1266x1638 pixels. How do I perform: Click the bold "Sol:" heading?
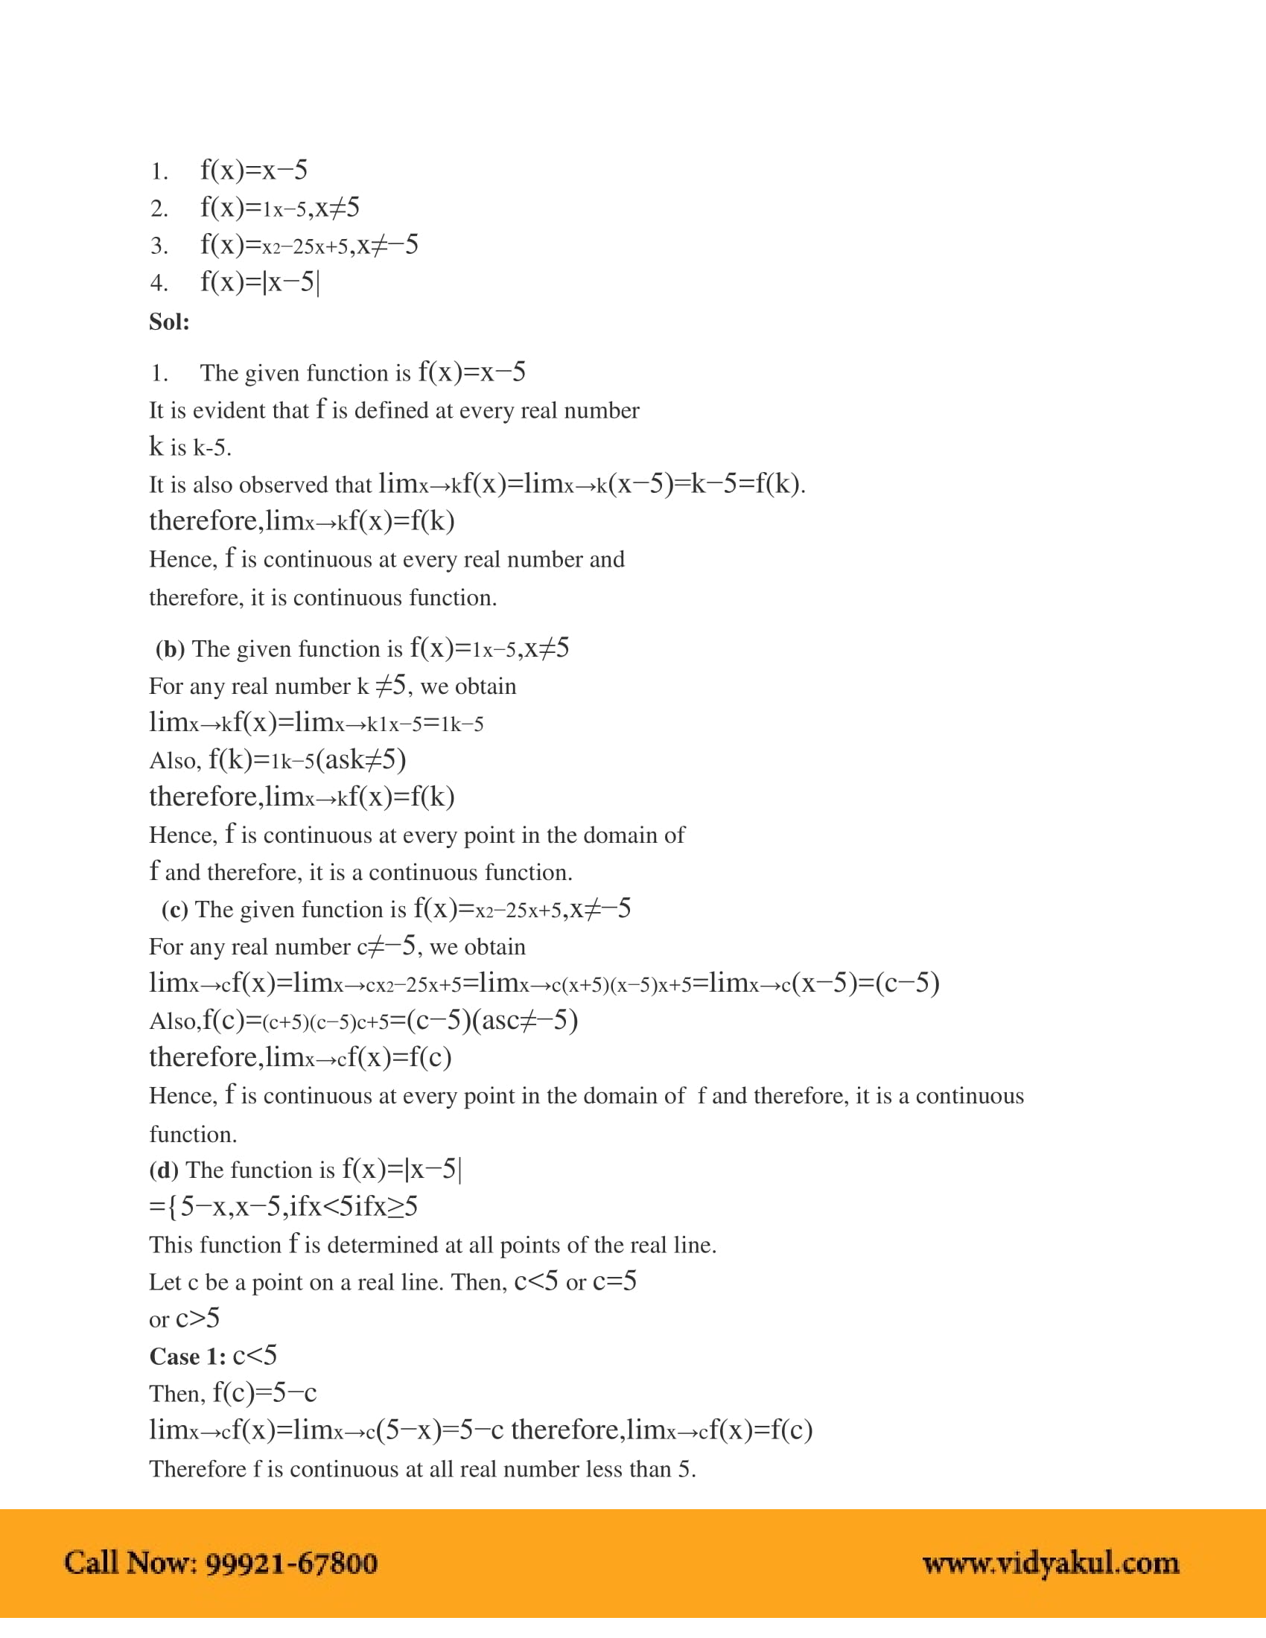coord(169,322)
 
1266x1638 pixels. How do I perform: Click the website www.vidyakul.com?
coord(1050,1564)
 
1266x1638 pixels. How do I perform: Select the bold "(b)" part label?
coord(170,648)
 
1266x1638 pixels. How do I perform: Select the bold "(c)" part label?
coord(174,910)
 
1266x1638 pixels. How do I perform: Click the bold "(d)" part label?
coord(164,1170)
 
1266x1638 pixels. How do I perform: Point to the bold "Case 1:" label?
coord(188,1357)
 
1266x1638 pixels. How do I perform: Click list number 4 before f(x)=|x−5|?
coord(158,283)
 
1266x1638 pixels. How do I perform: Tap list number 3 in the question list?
coord(158,245)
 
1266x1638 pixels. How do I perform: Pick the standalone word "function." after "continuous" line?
coord(193,1134)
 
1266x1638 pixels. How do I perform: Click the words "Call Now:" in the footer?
coord(130,1564)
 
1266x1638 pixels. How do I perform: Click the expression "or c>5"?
coord(184,1319)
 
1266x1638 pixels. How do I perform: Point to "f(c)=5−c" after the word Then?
coord(264,1393)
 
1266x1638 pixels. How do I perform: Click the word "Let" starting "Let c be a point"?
coord(165,1283)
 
